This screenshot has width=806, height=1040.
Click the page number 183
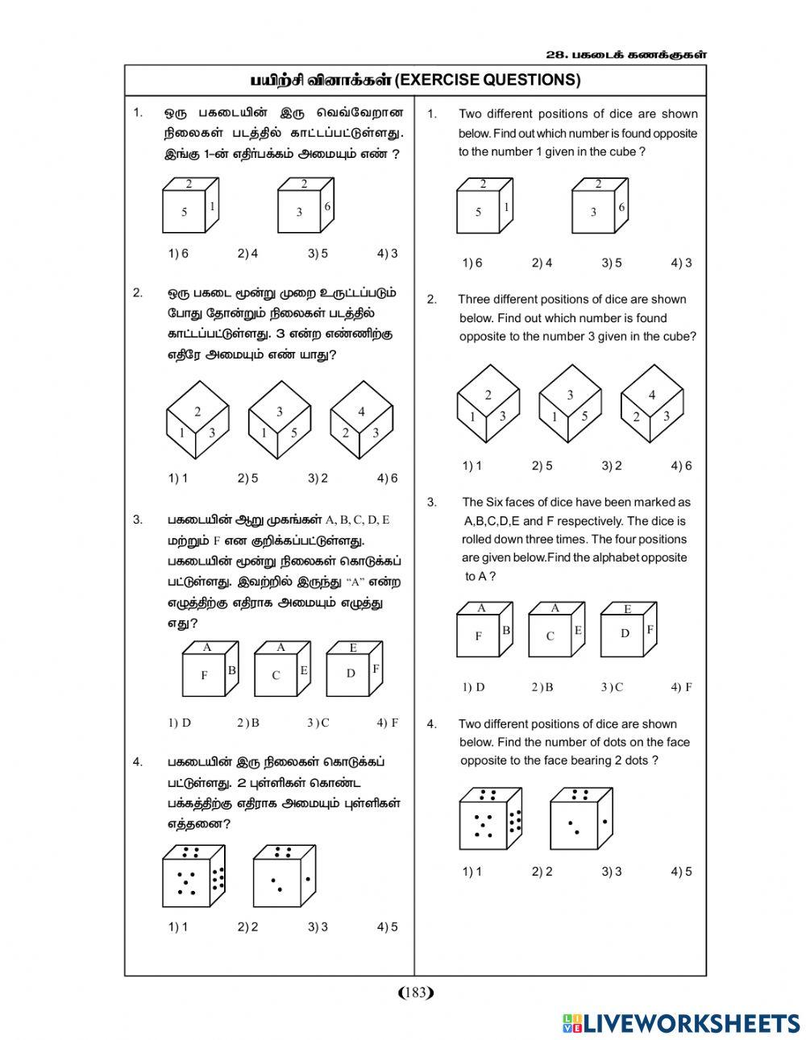point(416,992)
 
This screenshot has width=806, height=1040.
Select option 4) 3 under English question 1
point(681,263)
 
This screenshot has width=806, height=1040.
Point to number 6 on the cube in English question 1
point(621,207)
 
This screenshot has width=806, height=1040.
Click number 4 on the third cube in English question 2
point(652,395)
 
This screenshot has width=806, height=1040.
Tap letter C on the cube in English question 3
point(550,636)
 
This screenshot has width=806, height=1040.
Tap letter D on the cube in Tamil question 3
point(351,673)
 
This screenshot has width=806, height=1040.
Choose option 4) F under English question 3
point(681,687)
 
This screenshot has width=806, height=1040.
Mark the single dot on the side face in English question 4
point(604,821)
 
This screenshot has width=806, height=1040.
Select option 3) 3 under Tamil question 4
point(318,927)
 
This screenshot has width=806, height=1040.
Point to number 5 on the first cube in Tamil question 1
point(184,212)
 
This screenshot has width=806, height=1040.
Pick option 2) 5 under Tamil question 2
point(247,479)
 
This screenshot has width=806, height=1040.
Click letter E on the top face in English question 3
point(627,609)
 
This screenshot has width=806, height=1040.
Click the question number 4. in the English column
point(431,724)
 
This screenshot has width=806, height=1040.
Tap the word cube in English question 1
point(625,151)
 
